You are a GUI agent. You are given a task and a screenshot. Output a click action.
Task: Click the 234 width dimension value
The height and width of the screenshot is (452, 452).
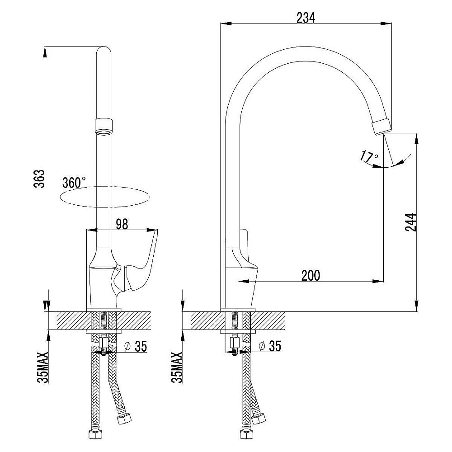click(306, 18)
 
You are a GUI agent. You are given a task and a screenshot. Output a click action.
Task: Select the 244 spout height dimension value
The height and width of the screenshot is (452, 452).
click(410, 222)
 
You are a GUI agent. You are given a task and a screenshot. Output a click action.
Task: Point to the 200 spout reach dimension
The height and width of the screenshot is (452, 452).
click(311, 276)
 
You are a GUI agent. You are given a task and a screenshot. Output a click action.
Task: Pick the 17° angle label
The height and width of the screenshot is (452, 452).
click(369, 156)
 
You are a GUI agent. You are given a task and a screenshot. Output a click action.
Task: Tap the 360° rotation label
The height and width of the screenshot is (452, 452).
click(74, 183)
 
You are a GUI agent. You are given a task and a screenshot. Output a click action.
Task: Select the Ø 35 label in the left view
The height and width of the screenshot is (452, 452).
click(135, 346)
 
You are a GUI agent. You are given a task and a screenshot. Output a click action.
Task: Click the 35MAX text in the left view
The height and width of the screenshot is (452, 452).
click(42, 367)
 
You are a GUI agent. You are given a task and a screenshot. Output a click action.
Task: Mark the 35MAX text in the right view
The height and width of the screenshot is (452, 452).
click(177, 367)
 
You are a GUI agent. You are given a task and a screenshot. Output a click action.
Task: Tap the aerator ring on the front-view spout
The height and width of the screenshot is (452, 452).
click(104, 127)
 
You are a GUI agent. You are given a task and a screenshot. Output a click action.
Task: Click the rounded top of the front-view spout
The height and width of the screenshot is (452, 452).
click(104, 52)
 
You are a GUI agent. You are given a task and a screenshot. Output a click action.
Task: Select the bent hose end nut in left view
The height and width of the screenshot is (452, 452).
click(123, 418)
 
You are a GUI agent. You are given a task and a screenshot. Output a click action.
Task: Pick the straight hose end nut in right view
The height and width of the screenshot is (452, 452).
click(246, 434)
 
